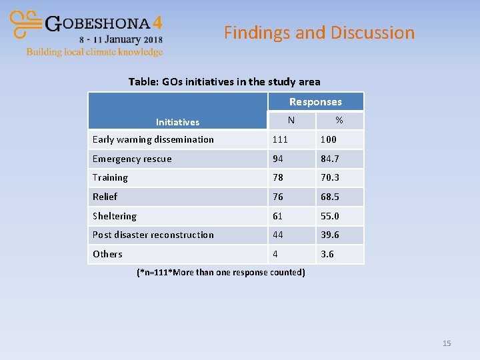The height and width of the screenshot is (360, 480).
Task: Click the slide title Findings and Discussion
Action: coord(319,33)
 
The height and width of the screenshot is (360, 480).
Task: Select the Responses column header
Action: coord(315,102)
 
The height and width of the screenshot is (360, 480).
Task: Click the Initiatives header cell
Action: coord(177,122)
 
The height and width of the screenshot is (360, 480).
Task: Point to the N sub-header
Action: coord(291,121)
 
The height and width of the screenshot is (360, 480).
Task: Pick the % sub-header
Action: coord(339,121)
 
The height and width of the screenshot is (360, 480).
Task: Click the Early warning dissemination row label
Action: coord(153,139)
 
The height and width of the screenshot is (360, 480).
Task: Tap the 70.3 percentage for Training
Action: coord(329,177)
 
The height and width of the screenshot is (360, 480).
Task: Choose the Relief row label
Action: coord(105,197)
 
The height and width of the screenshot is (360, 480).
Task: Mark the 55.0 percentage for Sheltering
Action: coord(329,216)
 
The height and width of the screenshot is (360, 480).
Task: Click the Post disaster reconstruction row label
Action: coord(153,235)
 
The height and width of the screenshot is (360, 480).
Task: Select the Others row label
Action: coord(107,254)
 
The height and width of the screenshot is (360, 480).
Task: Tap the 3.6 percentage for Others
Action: coord(327,254)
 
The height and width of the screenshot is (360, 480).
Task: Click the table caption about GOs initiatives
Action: coord(224,82)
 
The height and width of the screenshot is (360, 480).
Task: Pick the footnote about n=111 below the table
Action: coord(221,272)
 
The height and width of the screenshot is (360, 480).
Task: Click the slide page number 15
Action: coord(447,343)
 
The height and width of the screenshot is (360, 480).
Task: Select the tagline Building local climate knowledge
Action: coord(94,52)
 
